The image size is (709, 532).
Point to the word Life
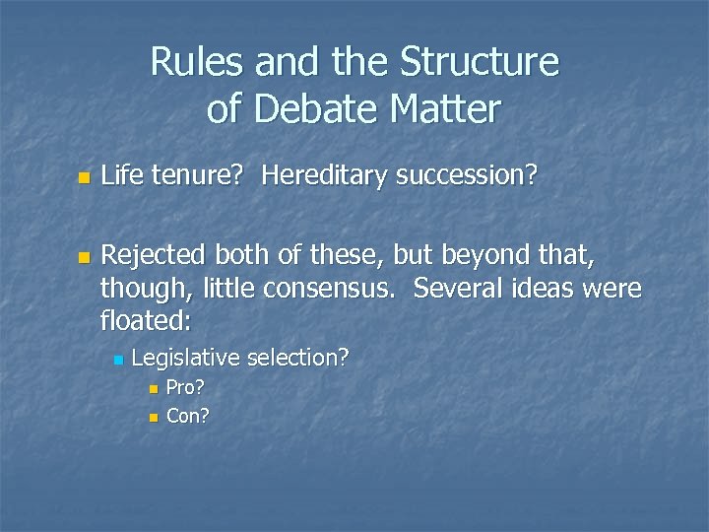122,176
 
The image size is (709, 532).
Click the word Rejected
151,257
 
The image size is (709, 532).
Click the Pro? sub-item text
186,387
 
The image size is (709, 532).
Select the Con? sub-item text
188,416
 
